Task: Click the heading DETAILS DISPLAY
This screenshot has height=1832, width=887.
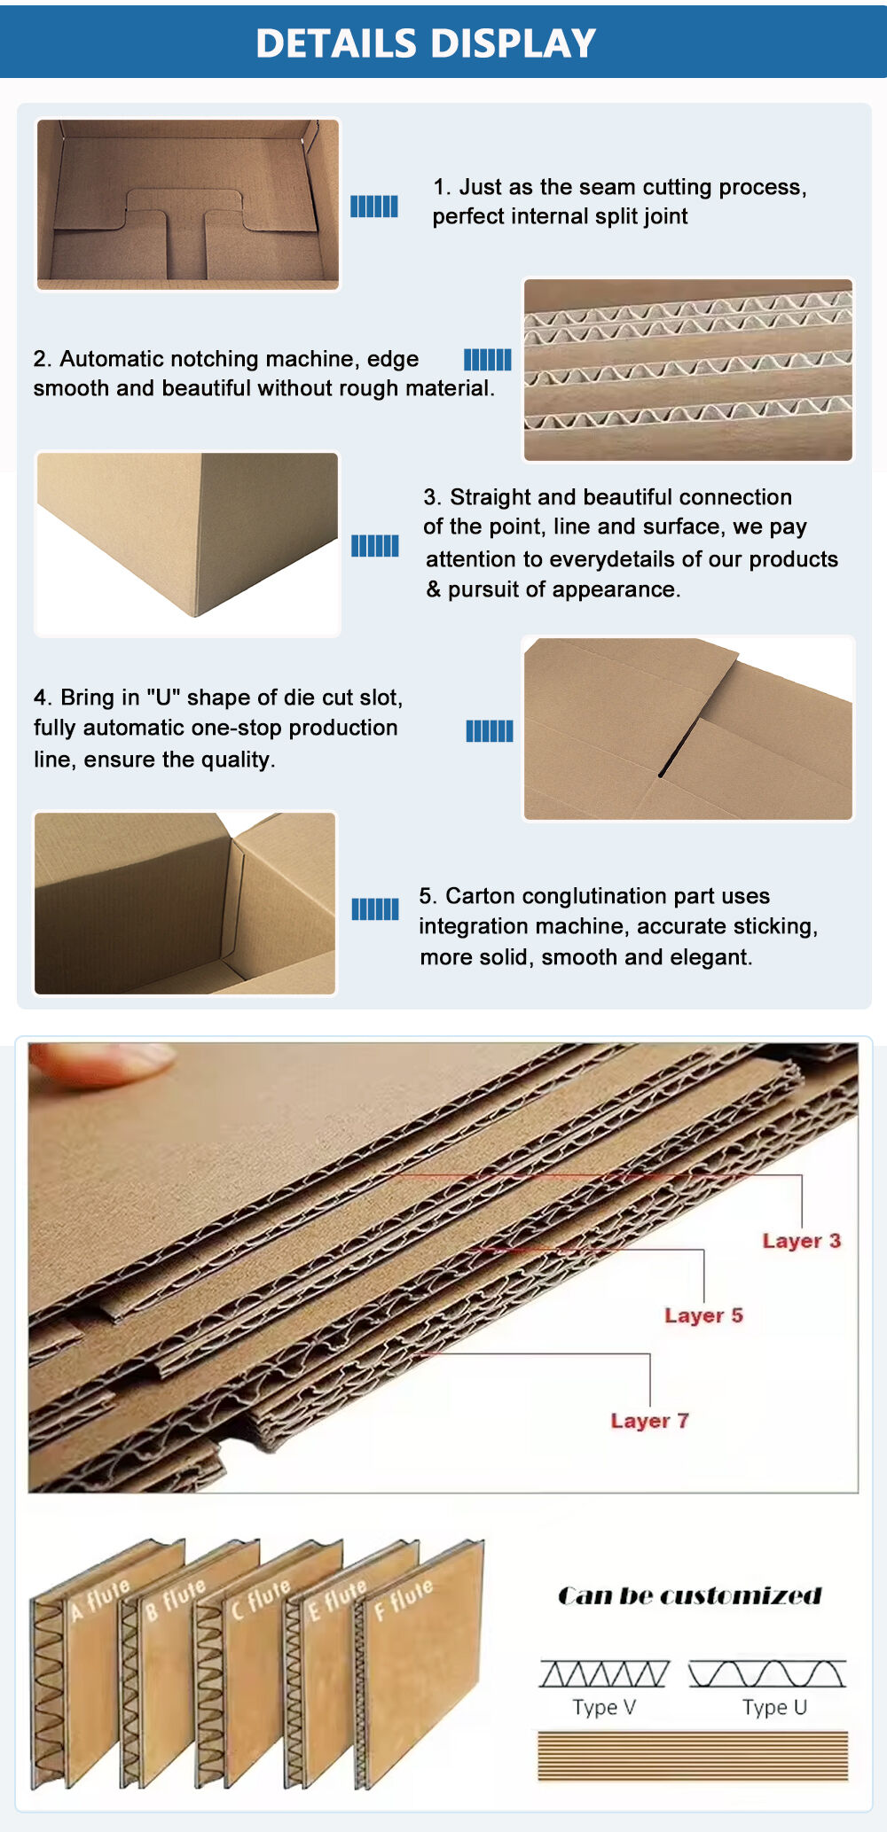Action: (426, 43)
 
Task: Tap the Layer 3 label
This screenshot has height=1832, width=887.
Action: (801, 1241)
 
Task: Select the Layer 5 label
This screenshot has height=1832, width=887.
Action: (703, 1315)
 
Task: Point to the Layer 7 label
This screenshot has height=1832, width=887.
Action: (649, 1421)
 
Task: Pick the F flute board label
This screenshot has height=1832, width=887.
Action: (404, 1598)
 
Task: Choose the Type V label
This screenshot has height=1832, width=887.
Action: (604, 1707)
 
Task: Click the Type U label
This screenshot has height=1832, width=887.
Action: (774, 1707)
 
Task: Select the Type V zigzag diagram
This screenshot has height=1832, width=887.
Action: (604, 1673)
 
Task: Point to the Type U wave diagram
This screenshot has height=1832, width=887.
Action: (767, 1673)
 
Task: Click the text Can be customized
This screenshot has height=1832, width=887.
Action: (690, 1596)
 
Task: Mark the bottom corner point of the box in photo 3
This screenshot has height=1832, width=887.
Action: (194, 616)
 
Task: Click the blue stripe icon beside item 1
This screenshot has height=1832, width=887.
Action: (374, 207)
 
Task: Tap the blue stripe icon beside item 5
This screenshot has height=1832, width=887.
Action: (375, 909)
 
